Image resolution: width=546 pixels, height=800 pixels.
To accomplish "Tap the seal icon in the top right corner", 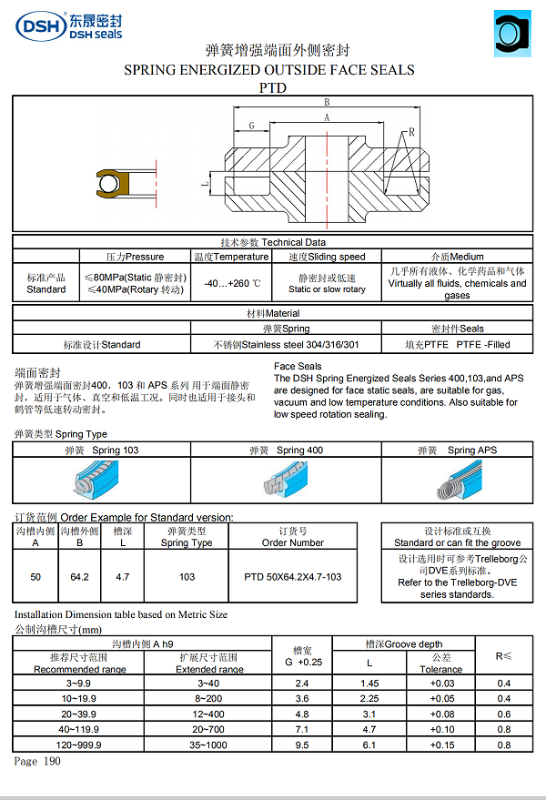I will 512,34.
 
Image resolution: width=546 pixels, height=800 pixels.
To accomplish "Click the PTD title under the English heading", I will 272,88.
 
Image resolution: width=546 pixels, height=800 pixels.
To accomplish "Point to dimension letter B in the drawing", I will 327,102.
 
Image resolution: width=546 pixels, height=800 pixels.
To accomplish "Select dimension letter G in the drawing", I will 250,126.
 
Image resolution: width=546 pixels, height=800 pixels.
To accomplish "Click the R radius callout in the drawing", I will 411,132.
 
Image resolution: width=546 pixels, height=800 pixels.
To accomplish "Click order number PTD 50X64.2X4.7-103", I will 292,577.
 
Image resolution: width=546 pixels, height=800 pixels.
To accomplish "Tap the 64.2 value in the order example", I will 78,577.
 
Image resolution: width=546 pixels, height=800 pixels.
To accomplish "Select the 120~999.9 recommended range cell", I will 78,744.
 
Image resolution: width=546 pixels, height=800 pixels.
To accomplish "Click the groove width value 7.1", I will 304,728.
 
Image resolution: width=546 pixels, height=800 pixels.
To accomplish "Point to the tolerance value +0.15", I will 441,744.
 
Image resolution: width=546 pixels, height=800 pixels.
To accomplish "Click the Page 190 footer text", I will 37,761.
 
